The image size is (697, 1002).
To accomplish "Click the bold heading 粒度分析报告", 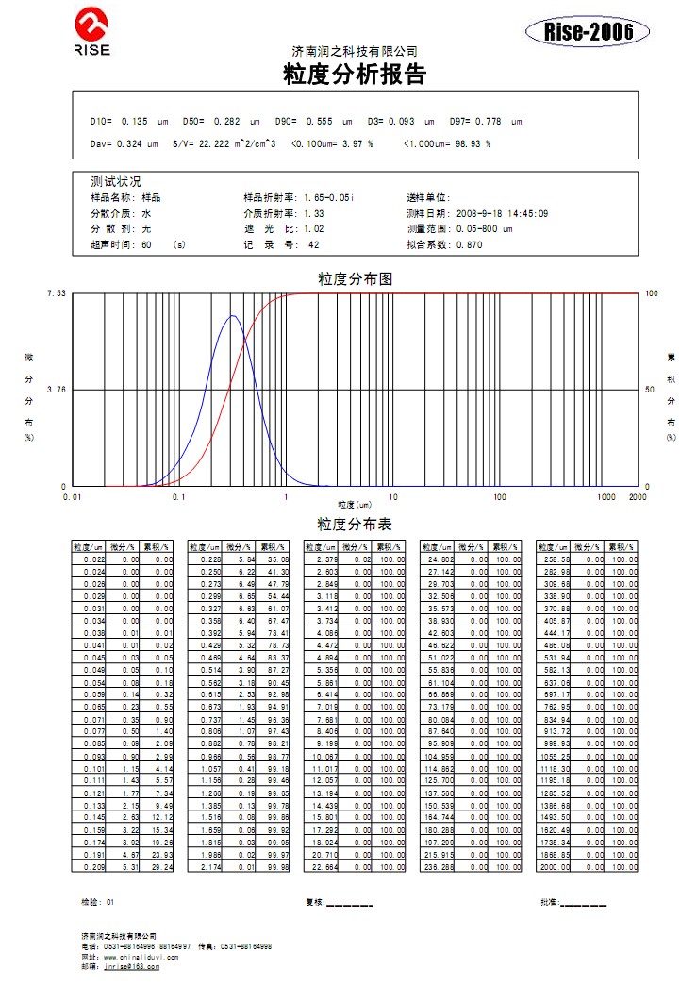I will [354, 75].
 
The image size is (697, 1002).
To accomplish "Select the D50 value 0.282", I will [226, 121].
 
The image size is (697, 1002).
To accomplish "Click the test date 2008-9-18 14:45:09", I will [502, 213].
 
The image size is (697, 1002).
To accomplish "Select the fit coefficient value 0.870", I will [469, 244].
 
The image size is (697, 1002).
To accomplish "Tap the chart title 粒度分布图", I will [354, 279].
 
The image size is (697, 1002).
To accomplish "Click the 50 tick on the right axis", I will [650, 390].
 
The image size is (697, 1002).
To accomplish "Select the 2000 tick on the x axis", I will [638, 496].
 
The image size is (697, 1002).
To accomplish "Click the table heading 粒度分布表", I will [354, 525].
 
